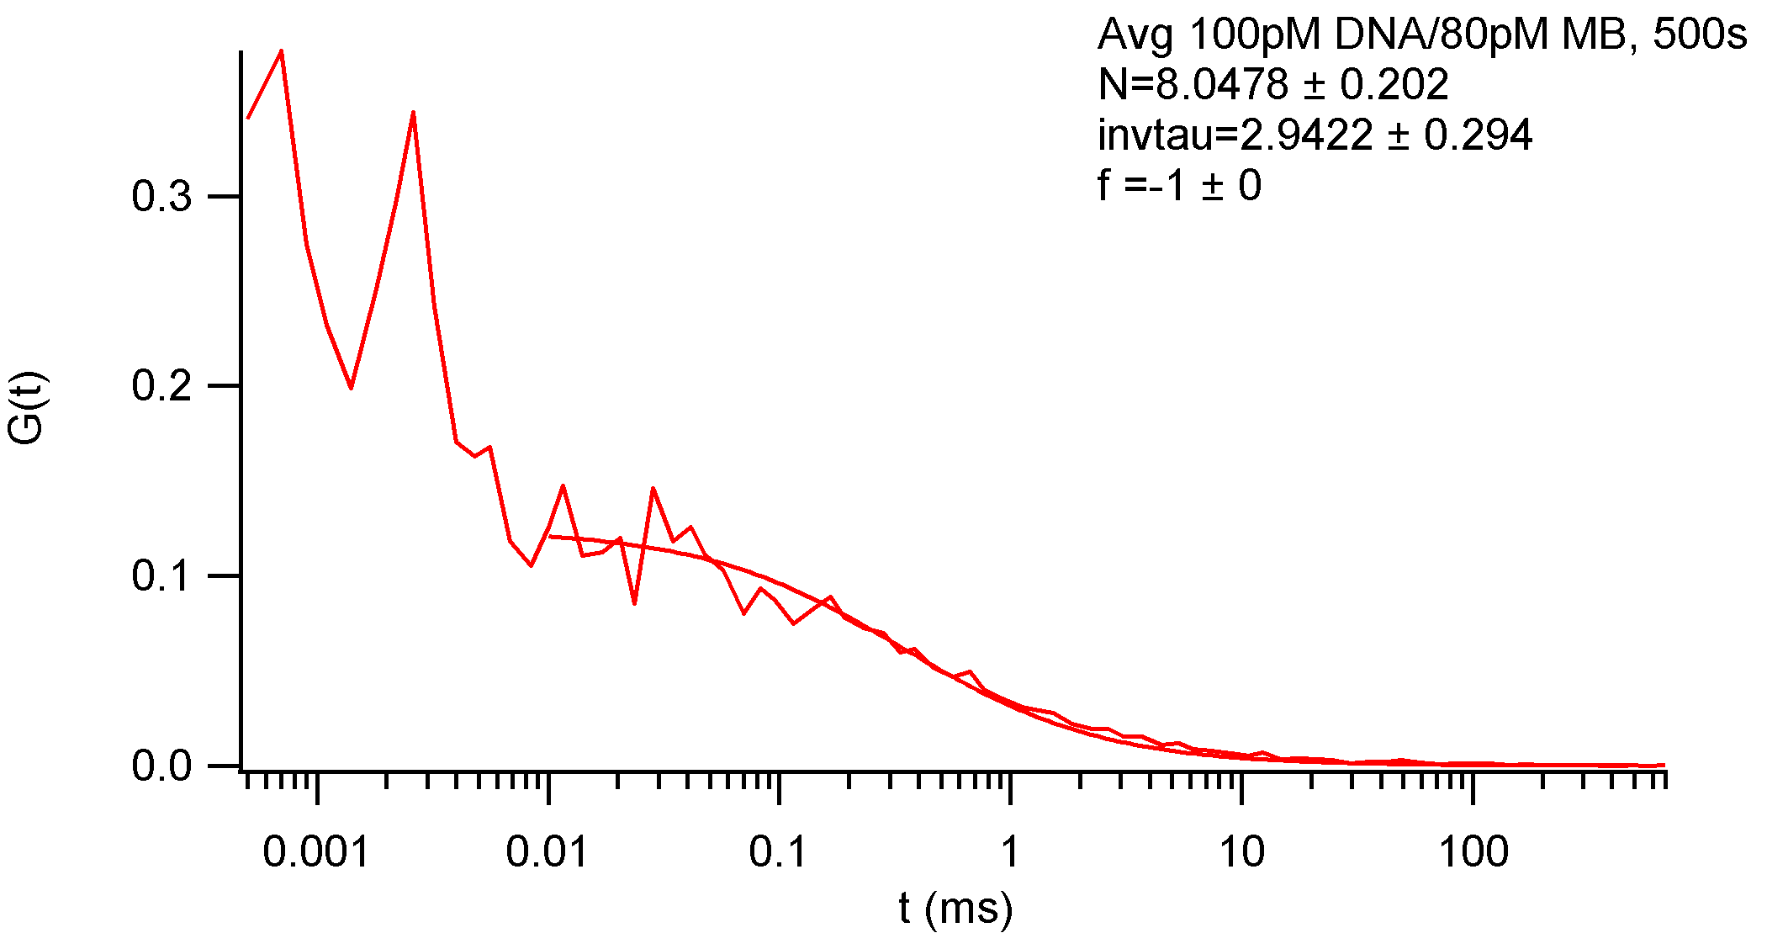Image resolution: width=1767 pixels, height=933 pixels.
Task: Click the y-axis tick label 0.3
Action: pos(162,198)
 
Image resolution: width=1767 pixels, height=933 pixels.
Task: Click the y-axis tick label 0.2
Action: pos(162,387)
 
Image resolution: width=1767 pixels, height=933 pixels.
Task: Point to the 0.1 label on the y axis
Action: pos(162,577)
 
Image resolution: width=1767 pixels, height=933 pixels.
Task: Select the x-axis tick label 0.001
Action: pos(315,853)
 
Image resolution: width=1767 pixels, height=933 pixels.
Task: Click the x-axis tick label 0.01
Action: pos(547,853)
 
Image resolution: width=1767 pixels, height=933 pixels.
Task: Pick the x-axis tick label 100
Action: pos(1473,853)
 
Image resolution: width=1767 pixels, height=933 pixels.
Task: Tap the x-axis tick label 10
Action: pos(1241,853)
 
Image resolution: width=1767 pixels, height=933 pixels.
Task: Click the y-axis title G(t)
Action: pos(27,408)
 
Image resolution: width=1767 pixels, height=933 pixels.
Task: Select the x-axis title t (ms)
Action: pos(955,909)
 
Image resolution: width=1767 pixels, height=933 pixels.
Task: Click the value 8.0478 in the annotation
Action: pos(1222,85)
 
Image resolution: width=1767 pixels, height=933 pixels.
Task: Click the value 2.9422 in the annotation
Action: pos(1306,135)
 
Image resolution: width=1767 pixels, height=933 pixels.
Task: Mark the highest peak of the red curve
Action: pos(281,50)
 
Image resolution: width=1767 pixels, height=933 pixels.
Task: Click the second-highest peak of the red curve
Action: pos(413,112)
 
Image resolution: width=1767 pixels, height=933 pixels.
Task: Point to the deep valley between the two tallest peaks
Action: pos(351,388)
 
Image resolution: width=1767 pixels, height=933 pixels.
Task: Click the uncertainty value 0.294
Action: pos(1478,135)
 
